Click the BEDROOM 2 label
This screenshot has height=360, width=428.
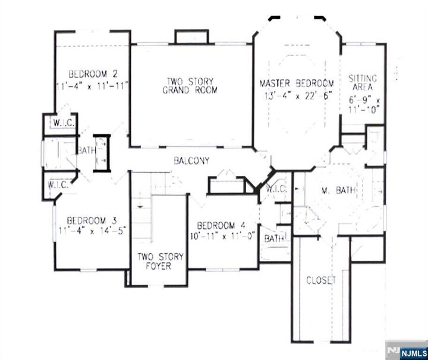[92, 74]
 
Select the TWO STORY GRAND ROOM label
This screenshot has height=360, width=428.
[190, 86]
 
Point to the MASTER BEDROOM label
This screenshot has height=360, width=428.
[297, 84]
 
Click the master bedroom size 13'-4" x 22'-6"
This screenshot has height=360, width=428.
[297, 95]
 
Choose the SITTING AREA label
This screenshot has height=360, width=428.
[363, 84]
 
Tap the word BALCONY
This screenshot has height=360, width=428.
[191, 161]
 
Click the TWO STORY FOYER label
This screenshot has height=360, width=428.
[160, 261]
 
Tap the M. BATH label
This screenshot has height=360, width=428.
[338, 191]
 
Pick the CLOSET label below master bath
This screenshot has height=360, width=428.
[321, 280]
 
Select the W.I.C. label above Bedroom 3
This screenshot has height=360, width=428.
[58, 185]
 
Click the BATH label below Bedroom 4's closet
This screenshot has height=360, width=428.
[273, 238]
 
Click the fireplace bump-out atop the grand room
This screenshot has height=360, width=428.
[191, 36]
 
